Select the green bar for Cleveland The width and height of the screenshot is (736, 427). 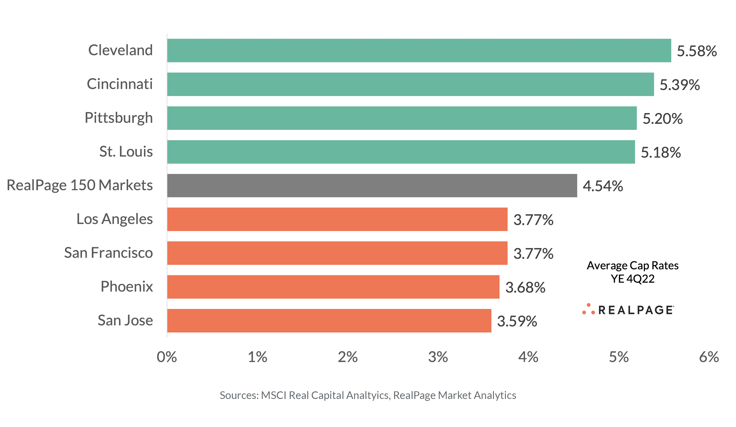(419, 50)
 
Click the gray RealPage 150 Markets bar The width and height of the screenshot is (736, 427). (372, 186)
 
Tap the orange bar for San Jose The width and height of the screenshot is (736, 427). (329, 321)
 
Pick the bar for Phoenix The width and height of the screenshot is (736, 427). (333, 287)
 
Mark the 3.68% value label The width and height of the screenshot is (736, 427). (525, 287)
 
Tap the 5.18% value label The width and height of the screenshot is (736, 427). (661, 152)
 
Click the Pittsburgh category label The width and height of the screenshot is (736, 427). (119, 118)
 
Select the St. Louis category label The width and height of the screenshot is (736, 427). (126, 151)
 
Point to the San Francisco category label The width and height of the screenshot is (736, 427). (108, 252)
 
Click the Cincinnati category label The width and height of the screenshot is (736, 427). (120, 84)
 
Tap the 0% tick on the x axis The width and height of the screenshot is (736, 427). (167, 357)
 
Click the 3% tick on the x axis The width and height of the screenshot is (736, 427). (438, 357)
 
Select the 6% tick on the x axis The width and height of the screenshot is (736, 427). (709, 357)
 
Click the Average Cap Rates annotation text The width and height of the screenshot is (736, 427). (633, 265)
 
